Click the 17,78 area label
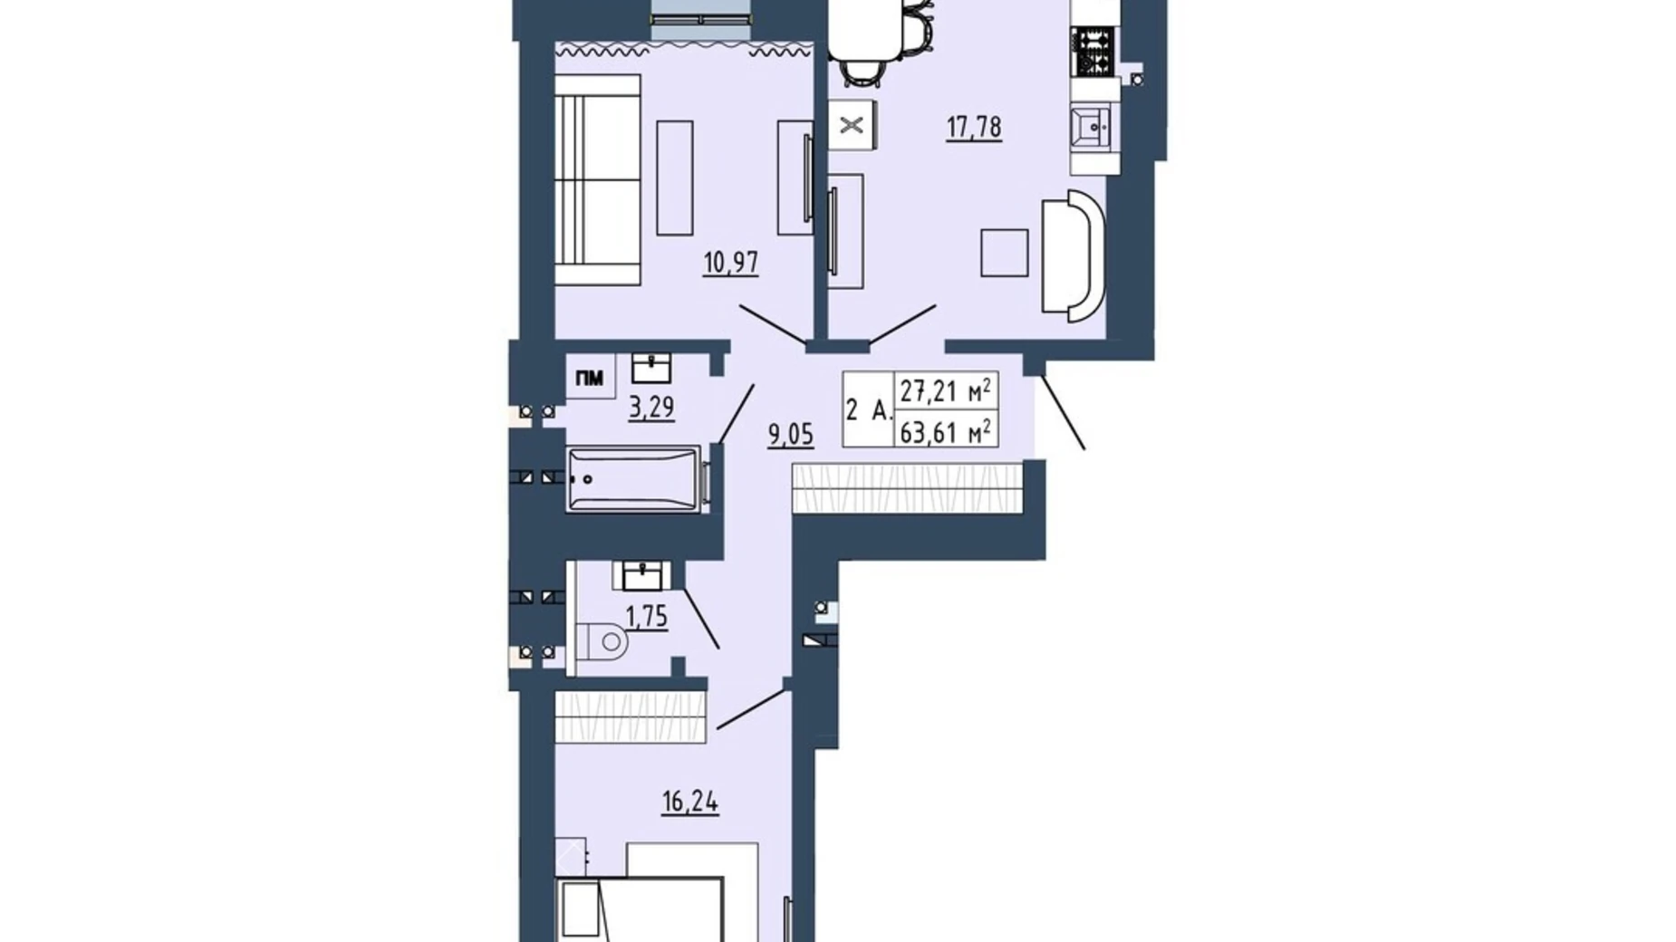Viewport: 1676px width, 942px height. click(x=974, y=127)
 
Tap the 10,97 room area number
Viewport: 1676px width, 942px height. click(x=730, y=263)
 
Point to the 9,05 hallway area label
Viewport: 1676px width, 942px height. click(x=790, y=435)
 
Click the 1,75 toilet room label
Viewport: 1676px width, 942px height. click(x=646, y=617)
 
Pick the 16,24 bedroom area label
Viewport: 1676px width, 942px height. click(x=689, y=802)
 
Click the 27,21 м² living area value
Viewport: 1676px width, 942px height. click(x=944, y=391)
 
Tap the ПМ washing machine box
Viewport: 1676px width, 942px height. click(x=590, y=378)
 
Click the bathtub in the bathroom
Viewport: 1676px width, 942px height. click(x=634, y=479)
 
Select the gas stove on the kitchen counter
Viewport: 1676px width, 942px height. click(x=1094, y=52)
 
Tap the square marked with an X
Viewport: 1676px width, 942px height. click(x=852, y=125)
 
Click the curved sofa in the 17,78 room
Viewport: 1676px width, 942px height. click(x=1074, y=255)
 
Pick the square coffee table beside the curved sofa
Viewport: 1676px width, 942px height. click(x=1004, y=253)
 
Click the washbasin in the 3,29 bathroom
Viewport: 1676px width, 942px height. click(x=650, y=367)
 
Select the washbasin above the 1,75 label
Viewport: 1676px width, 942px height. click(x=642, y=574)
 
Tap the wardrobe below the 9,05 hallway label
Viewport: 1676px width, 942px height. click(x=907, y=488)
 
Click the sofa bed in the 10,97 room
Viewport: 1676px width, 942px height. click(x=597, y=180)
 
